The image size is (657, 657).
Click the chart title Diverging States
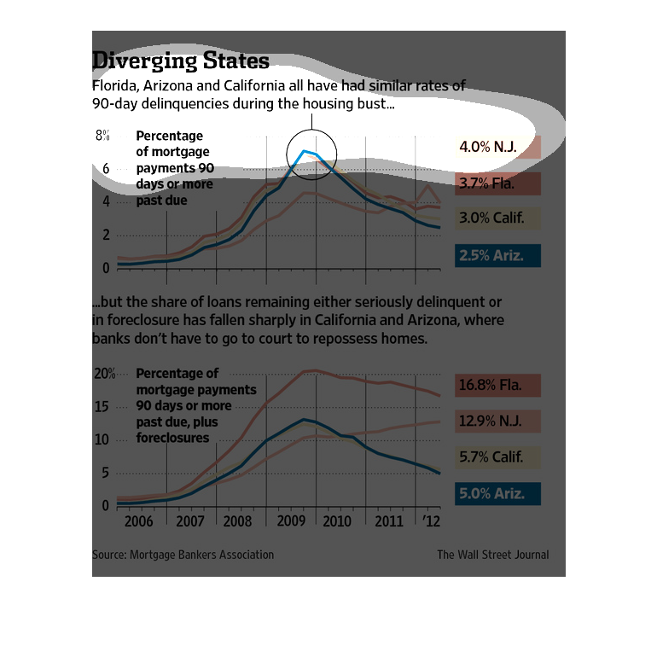coord(180,61)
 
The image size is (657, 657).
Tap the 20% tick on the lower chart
coord(104,374)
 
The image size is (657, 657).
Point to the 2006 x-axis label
coord(139,522)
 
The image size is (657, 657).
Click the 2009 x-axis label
coord(291,522)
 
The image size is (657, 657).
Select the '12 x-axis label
coord(431,522)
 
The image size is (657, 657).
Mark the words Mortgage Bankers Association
coord(201,555)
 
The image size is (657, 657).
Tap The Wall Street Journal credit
coord(493,555)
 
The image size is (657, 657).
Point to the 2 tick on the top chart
coord(106,235)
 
